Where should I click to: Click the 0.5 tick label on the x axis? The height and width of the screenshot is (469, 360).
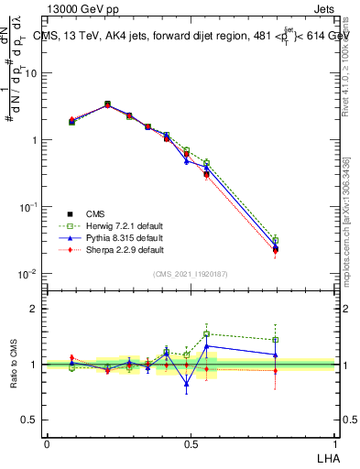point(191,443)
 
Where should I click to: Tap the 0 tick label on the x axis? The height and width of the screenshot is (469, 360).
point(47,443)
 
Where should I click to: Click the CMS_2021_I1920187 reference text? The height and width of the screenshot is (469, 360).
point(191,274)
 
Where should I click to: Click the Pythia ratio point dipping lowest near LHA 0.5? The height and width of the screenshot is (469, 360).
point(187,384)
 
